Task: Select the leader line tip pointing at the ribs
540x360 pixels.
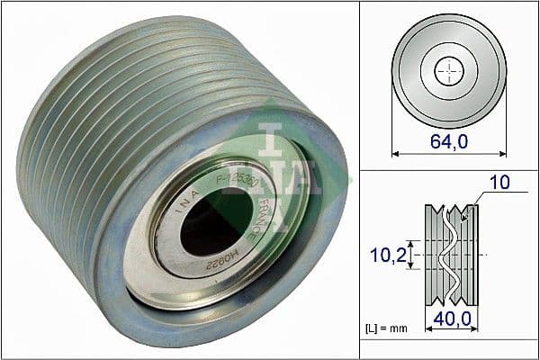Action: click(x=462, y=219)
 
